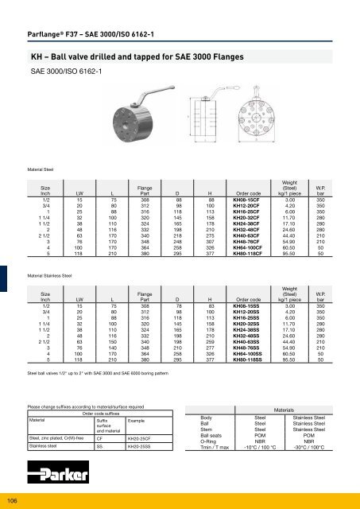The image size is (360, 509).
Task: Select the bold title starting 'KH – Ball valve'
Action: (x=120, y=36)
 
